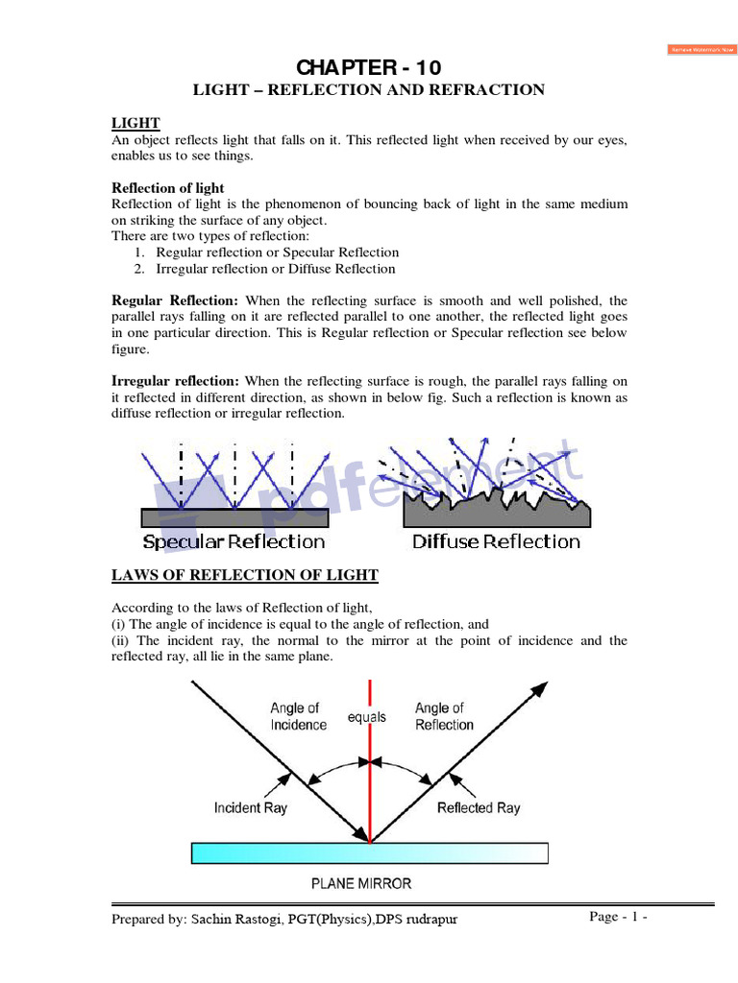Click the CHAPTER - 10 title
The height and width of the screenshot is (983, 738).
point(369,67)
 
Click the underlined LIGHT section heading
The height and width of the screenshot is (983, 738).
point(135,123)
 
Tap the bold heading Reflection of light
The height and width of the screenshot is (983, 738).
point(168,187)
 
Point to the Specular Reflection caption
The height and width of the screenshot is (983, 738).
point(234,541)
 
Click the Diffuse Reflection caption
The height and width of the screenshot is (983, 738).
point(496,541)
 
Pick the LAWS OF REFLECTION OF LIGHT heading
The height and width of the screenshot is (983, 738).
point(245,575)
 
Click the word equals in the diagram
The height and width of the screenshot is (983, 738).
point(367,717)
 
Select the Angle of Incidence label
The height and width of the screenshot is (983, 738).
point(298,716)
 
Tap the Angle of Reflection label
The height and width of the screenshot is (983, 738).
point(444,716)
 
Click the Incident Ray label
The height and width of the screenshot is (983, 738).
point(250,808)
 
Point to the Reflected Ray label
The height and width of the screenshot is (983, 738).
point(479,808)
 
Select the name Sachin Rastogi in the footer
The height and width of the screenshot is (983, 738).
point(236,920)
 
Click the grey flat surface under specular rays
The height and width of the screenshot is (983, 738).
point(234,517)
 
